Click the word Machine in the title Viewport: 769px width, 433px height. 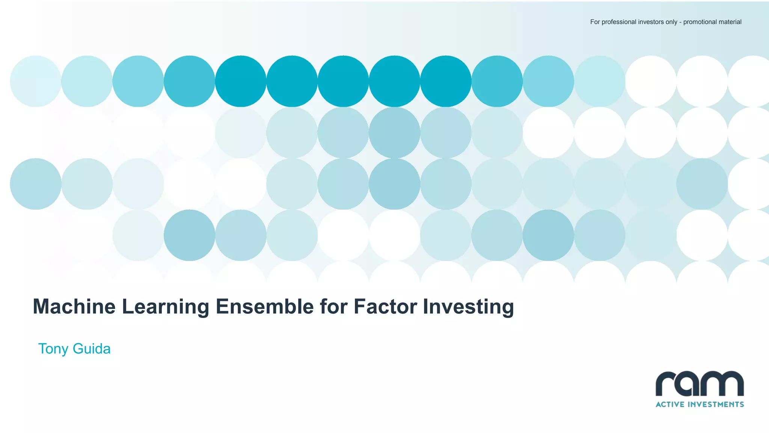click(74, 306)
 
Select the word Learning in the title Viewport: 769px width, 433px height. click(166, 306)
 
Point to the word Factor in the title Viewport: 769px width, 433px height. click(385, 306)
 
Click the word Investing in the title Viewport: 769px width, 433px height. click(468, 306)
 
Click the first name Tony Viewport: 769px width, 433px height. click(53, 349)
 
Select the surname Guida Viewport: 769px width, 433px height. click(92, 349)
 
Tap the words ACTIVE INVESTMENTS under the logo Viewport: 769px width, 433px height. click(700, 404)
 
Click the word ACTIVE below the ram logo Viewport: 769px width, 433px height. click(669, 404)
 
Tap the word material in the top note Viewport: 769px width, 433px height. click(730, 22)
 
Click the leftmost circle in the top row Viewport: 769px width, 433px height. click(36, 81)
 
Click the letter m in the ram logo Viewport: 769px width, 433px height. click(725, 384)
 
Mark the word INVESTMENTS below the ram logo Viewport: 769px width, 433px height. click(715, 404)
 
